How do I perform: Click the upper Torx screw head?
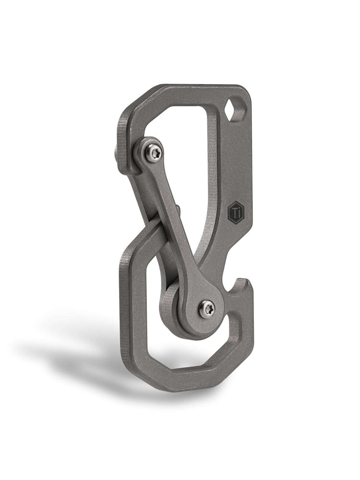point(155,153)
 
